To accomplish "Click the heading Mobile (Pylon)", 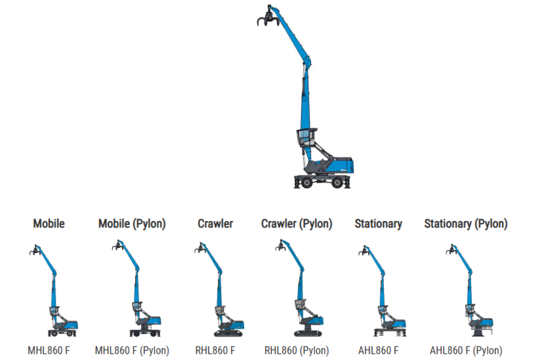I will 132,224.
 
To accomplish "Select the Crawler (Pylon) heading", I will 297,224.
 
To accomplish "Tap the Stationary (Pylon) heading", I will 465,224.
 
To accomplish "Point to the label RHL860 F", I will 215,350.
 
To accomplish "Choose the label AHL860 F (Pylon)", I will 465,350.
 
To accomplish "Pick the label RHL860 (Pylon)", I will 297,350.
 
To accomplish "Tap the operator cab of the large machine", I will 307,139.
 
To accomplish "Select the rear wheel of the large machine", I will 338,182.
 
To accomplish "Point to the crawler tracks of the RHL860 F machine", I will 228,333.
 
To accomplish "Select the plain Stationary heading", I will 378,224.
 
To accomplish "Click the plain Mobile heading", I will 49,224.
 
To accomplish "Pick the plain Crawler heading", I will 215,224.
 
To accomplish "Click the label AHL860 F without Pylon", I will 378,350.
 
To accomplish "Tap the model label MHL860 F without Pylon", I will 48,350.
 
